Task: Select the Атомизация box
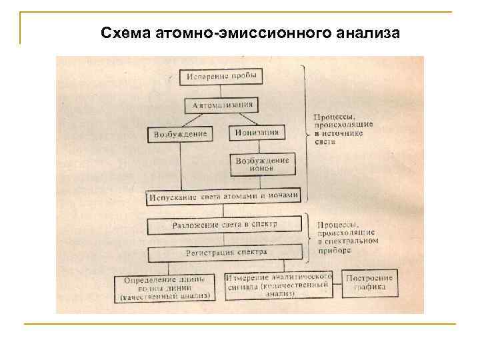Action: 222,105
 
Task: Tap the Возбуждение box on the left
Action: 180,134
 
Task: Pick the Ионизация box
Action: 257,133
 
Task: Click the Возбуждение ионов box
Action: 262,164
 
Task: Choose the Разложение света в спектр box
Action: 225,225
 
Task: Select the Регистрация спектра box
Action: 225,253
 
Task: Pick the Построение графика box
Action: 369,283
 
